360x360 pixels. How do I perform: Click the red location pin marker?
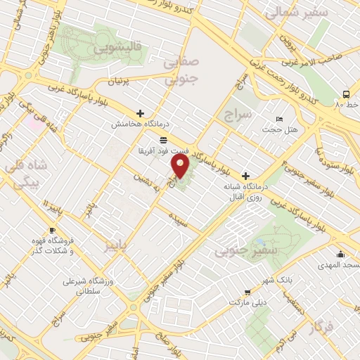181,167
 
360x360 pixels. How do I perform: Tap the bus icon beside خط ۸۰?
346,94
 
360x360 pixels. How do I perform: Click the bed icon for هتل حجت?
280,119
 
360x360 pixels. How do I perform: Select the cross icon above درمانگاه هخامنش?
140,112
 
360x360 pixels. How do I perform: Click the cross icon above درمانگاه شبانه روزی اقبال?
245,175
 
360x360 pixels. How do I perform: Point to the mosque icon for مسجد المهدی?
341,254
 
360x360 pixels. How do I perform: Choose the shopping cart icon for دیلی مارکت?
247,292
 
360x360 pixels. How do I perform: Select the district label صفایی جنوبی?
181,72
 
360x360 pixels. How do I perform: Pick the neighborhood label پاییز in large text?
118,246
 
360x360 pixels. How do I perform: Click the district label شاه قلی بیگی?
24,175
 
